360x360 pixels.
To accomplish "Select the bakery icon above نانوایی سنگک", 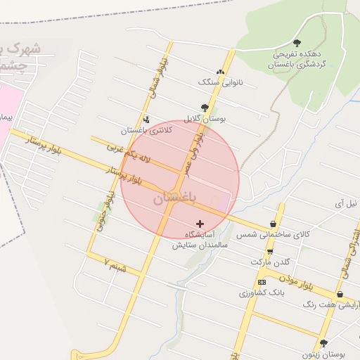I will [221, 72].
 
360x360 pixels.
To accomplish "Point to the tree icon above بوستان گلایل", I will [204, 108].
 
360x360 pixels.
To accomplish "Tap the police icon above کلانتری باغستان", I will [146, 120].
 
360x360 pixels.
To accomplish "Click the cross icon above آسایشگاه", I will [200, 223].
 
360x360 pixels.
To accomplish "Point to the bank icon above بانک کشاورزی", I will [262, 281].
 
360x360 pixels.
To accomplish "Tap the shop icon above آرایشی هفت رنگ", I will [340, 294].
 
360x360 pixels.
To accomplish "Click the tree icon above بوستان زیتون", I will [323, 343].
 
